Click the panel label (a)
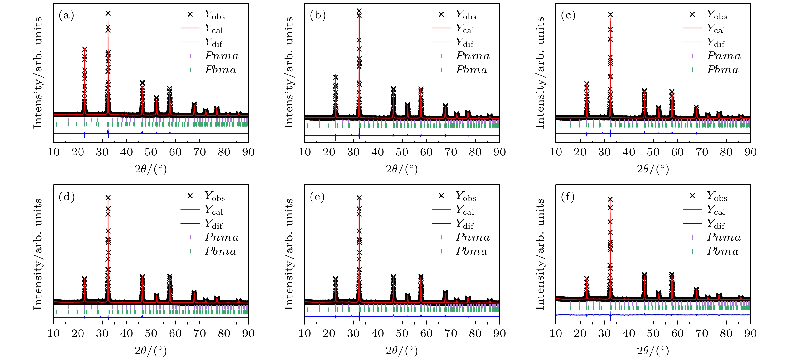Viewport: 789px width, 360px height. point(66,15)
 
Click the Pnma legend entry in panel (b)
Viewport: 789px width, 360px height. point(473,56)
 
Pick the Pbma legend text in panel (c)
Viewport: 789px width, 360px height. point(723,70)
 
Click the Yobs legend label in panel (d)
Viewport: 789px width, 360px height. point(214,196)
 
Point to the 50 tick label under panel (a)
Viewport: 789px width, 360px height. point(151,152)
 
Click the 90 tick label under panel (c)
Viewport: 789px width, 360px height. point(750,152)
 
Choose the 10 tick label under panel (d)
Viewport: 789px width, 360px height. point(54,333)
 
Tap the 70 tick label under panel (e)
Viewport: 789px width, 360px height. point(451,333)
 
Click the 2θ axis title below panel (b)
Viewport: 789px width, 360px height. point(402,169)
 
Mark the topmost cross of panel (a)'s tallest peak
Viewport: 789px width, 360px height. point(108,13)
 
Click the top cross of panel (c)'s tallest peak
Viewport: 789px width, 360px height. point(610,14)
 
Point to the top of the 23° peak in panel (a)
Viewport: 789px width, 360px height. point(84,49)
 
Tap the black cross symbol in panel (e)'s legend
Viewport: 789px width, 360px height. point(441,196)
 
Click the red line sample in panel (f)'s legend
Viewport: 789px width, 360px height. point(692,209)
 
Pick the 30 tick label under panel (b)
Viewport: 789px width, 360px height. point(353,152)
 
